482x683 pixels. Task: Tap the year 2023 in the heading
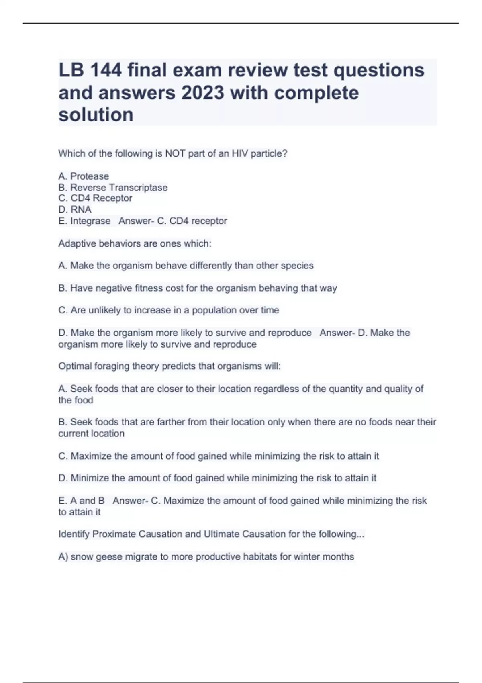coord(202,93)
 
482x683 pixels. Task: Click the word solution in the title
coord(96,115)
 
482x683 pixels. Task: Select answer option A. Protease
coord(84,176)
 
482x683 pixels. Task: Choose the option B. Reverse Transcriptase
coord(113,188)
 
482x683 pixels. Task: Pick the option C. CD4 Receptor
coord(95,198)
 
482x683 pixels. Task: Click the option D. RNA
coord(75,210)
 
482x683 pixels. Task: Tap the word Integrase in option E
coord(90,221)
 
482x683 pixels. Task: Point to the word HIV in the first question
coord(240,153)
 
